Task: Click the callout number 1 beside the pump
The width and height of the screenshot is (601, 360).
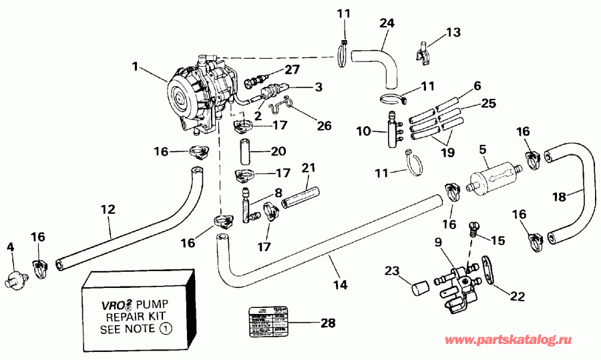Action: pos(136,66)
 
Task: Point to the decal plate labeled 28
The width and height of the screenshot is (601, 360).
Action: pos(270,323)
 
